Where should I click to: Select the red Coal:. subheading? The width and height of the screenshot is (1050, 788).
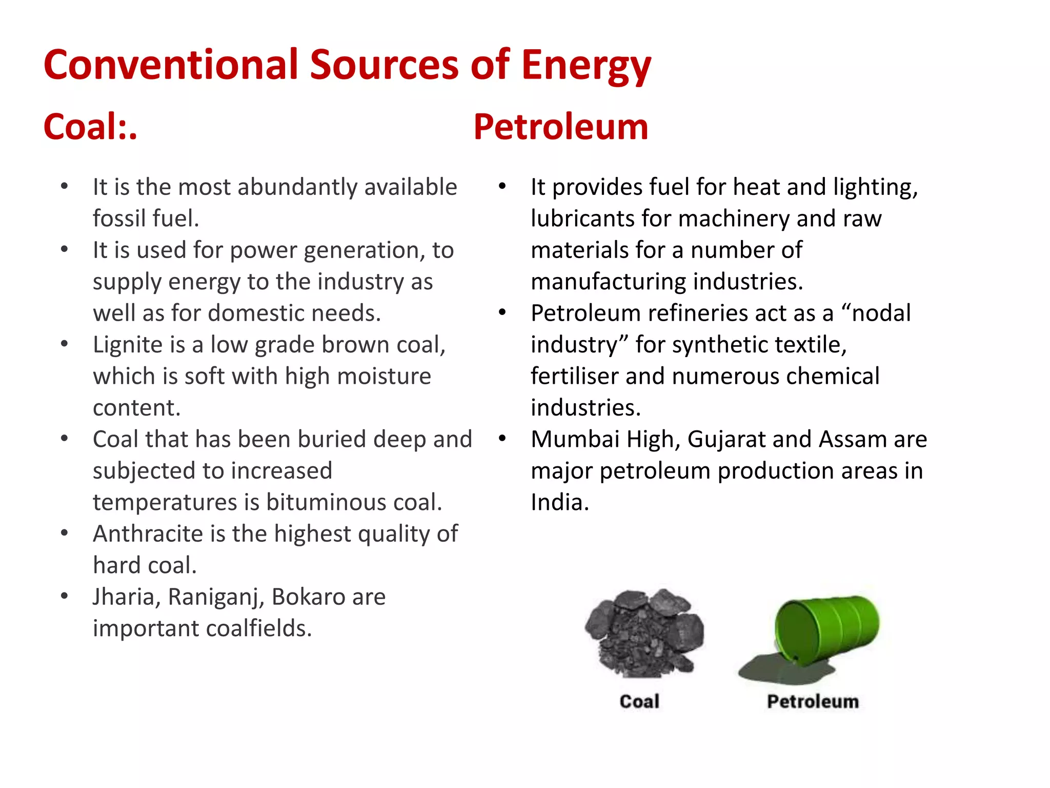(90, 127)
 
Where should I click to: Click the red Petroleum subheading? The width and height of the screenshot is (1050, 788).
(560, 127)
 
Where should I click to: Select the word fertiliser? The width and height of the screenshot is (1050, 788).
(574, 377)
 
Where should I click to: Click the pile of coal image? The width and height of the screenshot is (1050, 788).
(644, 633)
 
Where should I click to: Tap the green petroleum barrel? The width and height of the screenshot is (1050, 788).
(825, 630)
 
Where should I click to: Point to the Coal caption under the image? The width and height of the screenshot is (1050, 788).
(639, 701)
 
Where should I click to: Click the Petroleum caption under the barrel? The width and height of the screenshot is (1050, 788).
(813, 701)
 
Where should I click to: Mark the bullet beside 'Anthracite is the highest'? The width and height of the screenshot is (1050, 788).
(65, 533)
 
